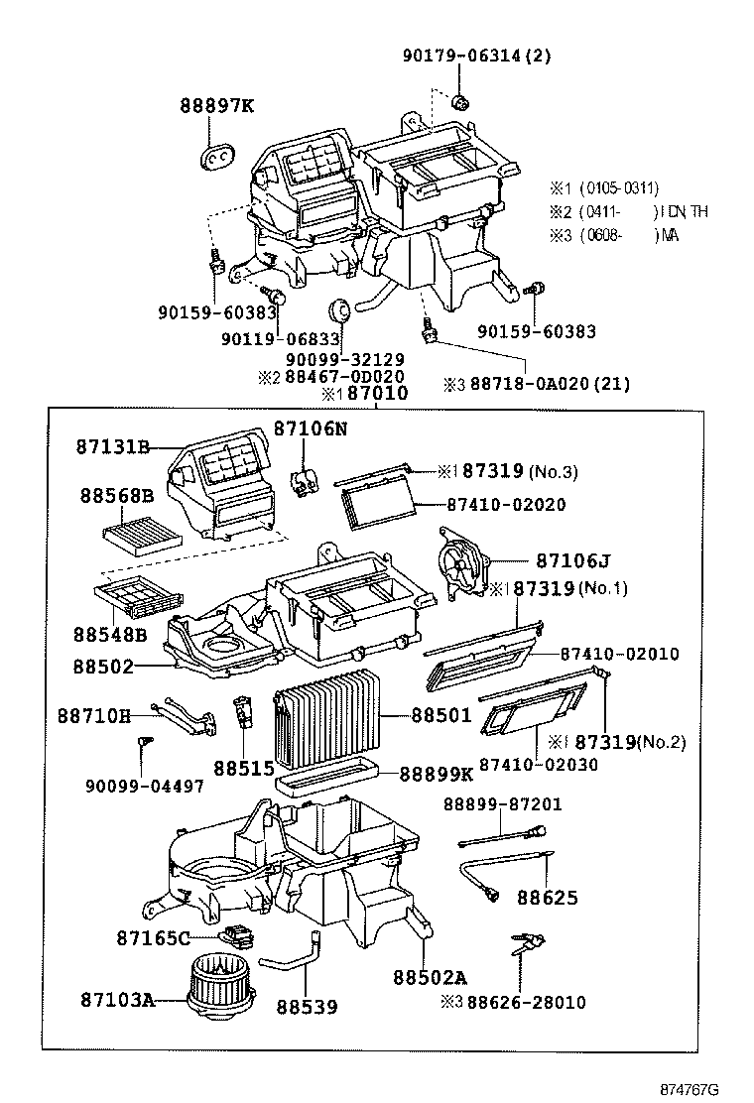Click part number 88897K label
coord(216,106)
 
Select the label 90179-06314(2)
coord(476,56)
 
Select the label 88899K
coord(436,774)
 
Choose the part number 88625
coord(546,898)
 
